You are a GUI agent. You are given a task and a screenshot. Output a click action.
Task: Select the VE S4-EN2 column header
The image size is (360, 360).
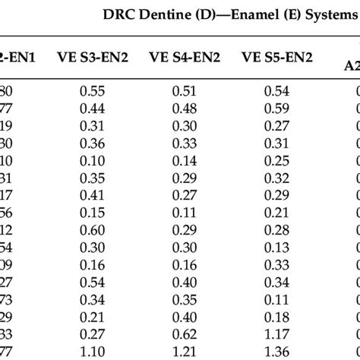click(x=185, y=55)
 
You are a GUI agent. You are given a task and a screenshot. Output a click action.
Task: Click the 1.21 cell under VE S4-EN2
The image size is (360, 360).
click(x=185, y=351)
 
